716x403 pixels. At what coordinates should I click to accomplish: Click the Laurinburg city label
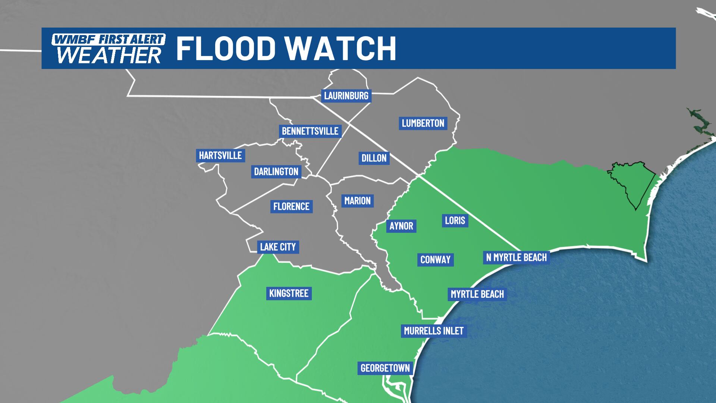point(346,96)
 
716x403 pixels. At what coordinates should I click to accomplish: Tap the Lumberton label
point(423,123)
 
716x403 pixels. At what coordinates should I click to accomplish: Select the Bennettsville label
point(310,131)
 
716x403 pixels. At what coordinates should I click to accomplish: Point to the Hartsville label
point(220,155)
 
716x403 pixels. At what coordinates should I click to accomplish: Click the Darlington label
point(276,171)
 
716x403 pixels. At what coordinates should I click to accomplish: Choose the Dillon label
point(374,158)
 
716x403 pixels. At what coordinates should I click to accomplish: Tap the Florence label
point(291,206)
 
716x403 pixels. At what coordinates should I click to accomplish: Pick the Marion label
point(357,201)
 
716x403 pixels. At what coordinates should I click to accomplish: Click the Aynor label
point(401,226)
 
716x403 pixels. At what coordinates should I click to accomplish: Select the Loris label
point(455,220)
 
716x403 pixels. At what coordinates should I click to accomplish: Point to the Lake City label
point(278,247)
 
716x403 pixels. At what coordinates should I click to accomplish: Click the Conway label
point(435,259)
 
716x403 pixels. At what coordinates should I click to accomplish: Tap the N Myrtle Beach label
point(516,257)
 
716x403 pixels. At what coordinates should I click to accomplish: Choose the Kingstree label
point(289,293)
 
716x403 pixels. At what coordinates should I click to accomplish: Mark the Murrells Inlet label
point(434,331)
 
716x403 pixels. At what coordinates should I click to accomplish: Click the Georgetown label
point(385,368)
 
